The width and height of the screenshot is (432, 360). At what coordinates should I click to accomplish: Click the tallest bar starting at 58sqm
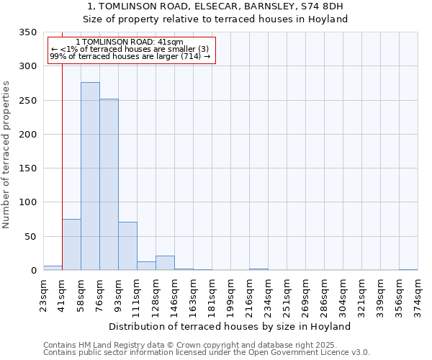[90, 176]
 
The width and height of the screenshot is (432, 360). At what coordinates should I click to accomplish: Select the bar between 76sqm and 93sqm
[109, 184]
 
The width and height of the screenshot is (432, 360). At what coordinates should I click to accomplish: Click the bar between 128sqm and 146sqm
[165, 263]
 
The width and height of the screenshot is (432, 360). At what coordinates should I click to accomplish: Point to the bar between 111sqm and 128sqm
[146, 266]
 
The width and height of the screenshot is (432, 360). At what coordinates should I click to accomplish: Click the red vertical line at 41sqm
[63, 166]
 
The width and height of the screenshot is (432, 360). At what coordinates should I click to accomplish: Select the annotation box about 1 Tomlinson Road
[131, 50]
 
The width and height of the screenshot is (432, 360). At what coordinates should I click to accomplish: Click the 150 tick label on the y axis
[27, 168]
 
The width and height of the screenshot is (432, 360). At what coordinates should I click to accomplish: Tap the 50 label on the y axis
[30, 237]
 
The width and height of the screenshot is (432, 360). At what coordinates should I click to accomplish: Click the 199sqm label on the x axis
[230, 294]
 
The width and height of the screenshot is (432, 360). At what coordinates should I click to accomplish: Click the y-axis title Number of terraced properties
[7, 154]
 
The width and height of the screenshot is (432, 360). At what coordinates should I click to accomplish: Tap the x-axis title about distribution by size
[230, 326]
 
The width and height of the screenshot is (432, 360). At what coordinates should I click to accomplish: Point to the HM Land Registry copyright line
[189, 345]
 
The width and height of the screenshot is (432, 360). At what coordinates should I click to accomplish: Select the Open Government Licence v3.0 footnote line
[207, 353]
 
